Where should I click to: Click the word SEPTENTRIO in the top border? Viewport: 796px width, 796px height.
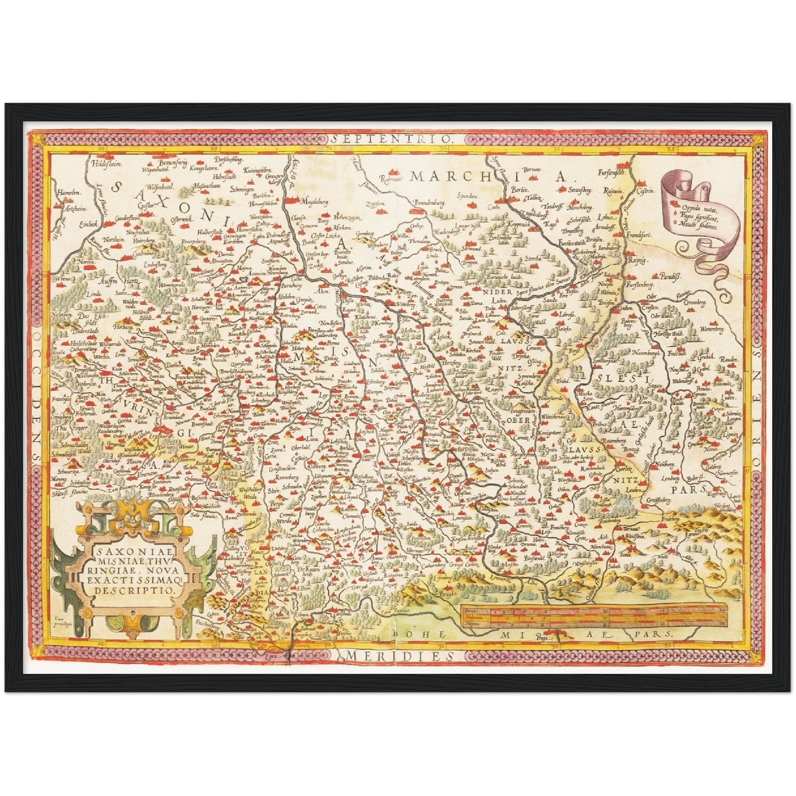coord(393,138)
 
